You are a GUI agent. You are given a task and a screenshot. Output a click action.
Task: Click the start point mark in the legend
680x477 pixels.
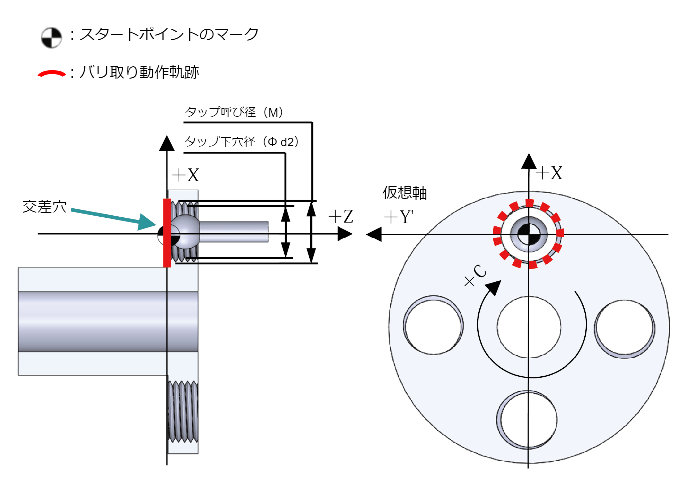click(51, 38)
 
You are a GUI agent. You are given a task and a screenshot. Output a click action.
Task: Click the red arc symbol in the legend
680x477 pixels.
click(52, 74)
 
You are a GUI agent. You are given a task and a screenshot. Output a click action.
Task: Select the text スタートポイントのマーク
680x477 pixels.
click(169, 34)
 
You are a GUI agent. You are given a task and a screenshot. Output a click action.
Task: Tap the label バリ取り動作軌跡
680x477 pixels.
click(139, 72)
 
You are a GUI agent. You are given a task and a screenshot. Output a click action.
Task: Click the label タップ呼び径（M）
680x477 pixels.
click(234, 112)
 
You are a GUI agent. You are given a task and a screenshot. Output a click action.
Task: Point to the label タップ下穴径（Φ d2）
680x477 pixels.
click(242, 142)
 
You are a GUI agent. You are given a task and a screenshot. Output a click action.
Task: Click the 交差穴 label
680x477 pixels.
click(44, 206)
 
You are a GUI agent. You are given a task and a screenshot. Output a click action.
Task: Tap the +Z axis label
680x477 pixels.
click(341, 217)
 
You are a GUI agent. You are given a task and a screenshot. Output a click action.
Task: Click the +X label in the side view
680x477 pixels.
click(185, 175)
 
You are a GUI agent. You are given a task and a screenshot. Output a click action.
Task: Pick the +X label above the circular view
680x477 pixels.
click(549, 173)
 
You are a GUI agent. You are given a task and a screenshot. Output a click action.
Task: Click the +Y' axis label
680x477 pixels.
click(399, 217)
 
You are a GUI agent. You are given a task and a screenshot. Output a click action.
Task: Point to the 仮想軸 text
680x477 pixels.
click(404, 193)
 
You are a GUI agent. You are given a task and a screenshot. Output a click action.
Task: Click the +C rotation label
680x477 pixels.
click(475, 276)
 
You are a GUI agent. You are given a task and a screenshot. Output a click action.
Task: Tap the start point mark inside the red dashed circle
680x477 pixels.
click(528, 234)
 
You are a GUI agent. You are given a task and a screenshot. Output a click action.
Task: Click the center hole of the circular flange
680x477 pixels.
click(529, 327)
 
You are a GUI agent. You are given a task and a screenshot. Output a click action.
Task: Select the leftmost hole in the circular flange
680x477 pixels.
click(433, 325)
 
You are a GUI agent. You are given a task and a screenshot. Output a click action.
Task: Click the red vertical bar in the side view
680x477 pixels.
click(167, 233)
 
